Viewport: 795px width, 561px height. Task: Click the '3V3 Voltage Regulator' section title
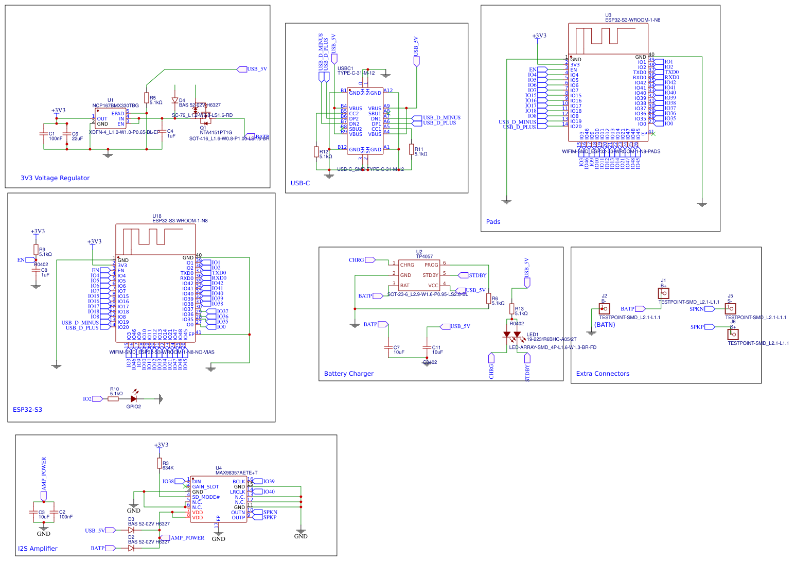click(55, 178)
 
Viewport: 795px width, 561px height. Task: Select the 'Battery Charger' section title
click(348, 374)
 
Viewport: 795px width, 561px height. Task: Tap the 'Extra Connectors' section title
click(602, 374)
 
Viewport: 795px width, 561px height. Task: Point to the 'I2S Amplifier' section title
click(38, 549)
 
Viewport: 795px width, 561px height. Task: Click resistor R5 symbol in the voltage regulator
click(147, 98)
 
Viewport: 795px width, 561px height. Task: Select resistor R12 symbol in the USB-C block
click(316, 152)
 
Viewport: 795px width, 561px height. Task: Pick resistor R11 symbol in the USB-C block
click(411, 149)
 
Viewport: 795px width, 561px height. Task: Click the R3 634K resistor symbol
click(160, 464)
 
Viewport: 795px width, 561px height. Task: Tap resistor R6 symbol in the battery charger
click(488, 299)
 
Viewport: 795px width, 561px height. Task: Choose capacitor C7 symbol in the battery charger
click(388, 348)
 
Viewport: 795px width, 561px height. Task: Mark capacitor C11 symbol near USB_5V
click(427, 348)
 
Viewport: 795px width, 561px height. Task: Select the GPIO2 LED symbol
click(134, 398)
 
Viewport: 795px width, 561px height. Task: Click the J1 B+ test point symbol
click(664, 293)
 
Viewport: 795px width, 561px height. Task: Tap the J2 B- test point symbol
click(604, 308)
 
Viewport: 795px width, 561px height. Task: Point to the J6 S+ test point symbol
click(732, 334)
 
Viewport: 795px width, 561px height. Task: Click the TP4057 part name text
click(424, 256)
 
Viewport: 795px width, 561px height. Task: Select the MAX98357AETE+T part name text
click(236, 472)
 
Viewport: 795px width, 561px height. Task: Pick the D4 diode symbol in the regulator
click(174, 101)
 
